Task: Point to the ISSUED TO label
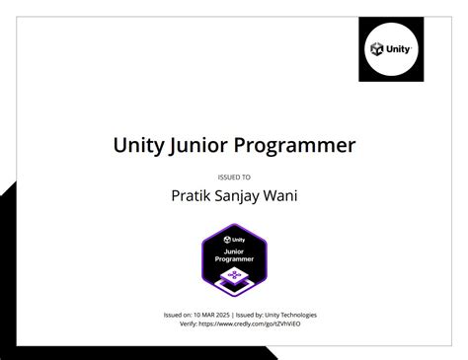(x=234, y=177)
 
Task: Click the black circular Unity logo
(x=390, y=48)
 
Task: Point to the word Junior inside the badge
(x=234, y=251)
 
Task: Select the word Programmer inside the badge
(x=234, y=258)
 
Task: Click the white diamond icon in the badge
(x=234, y=277)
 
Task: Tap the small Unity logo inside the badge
(x=234, y=240)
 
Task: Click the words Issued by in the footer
(x=247, y=315)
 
